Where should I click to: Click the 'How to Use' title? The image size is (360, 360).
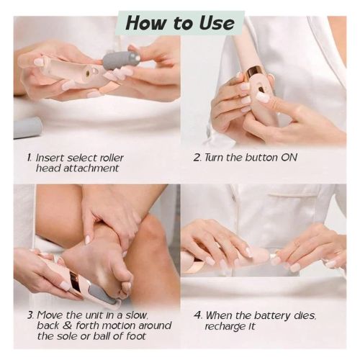(180, 22)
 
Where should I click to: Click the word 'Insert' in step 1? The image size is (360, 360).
(50, 157)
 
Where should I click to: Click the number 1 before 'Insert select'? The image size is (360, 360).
(29, 157)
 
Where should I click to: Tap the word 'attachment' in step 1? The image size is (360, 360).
(92, 168)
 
